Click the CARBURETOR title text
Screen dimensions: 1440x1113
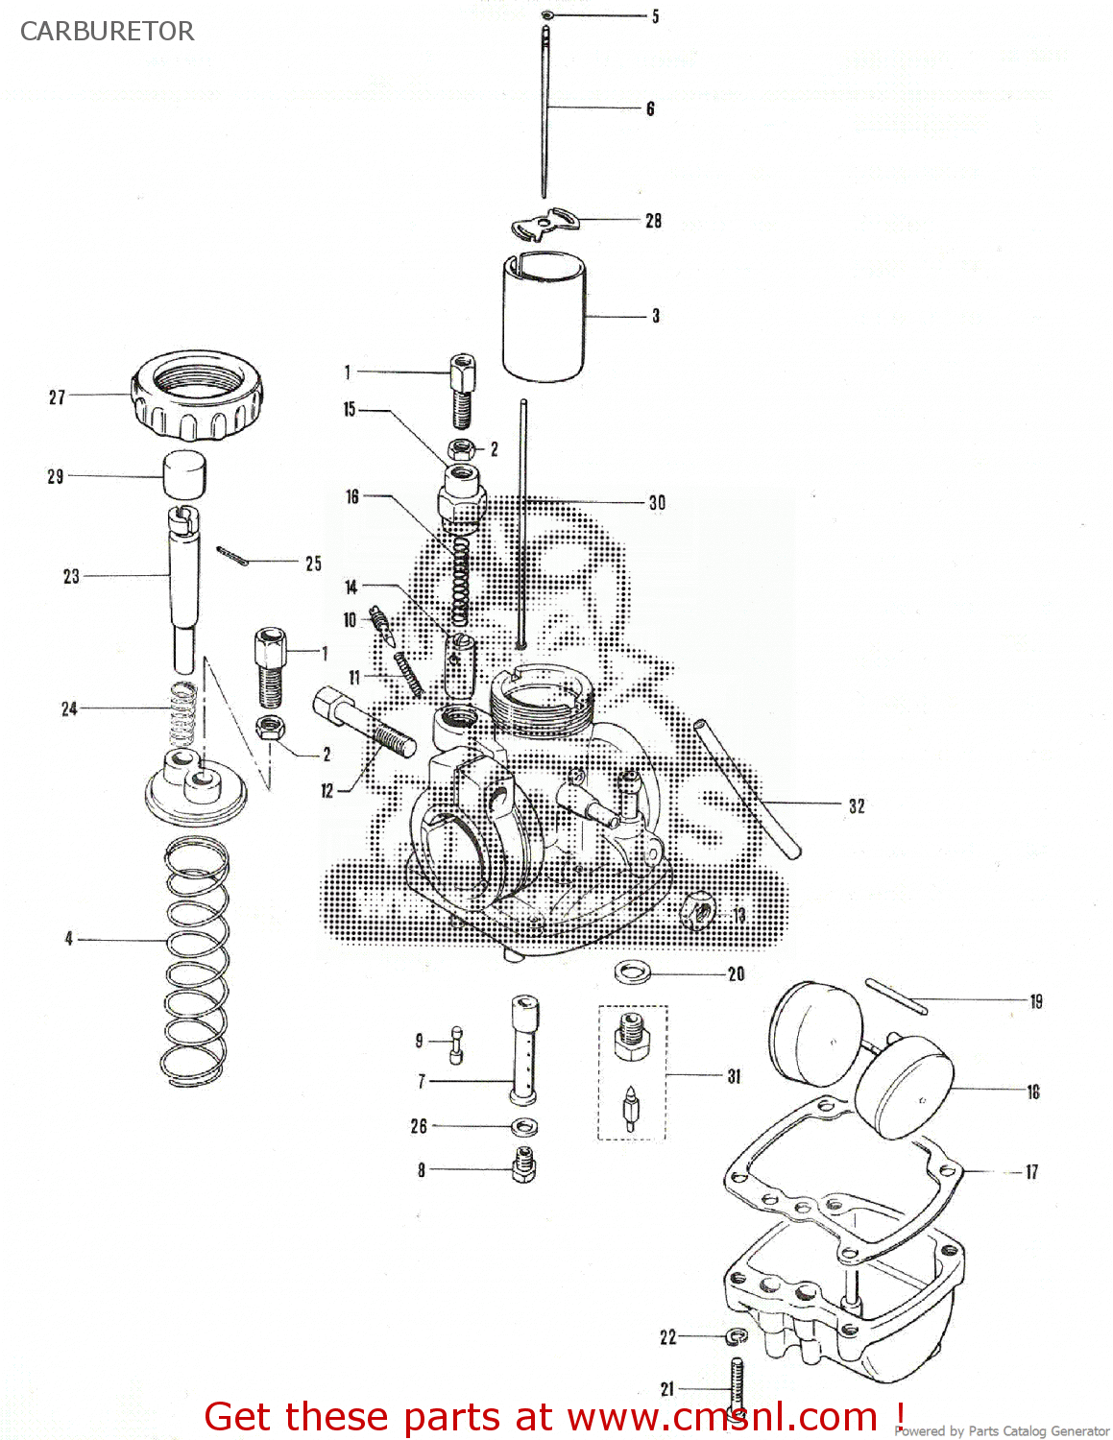[x=107, y=32]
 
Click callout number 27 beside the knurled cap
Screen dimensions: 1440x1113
[x=58, y=396]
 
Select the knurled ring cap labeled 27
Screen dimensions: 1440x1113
[x=198, y=395]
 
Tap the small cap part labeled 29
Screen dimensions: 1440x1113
[x=185, y=475]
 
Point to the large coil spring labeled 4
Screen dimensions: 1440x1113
[x=197, y=960]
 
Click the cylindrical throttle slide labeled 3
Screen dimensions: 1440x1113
[x=544, y=316]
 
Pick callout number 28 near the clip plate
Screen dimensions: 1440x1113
[x=654, y=221]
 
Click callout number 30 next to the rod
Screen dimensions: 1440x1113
[x=657, y=502]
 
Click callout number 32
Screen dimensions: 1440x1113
[x=857, y=806]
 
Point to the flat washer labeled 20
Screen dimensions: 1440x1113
[x=631, y=972]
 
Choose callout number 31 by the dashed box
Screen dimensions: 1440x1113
[x=735, y=1076]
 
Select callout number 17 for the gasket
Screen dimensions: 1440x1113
[x=1031, y=1171]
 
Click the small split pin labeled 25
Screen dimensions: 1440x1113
[x=231, y=556]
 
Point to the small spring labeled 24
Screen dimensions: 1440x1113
[x=182, y=713]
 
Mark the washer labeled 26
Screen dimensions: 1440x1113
[x=524, y=1126]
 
